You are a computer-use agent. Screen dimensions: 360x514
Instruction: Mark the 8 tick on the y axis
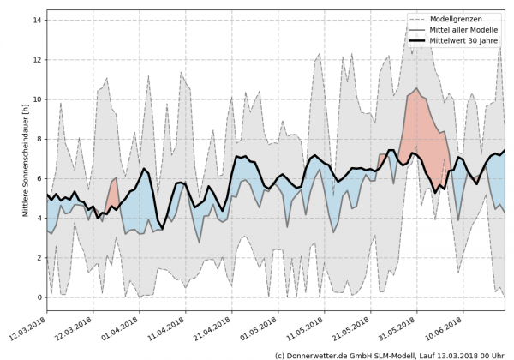coord(39,139)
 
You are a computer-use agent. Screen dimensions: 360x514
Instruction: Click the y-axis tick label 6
coord(39,178)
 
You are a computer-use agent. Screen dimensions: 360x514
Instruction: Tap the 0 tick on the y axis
coord(39,297)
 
